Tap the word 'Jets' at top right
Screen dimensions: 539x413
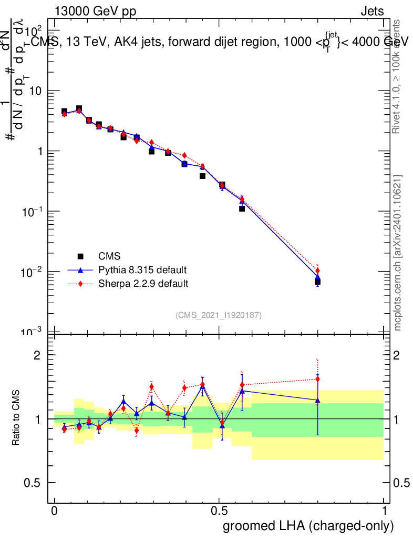point(371,12)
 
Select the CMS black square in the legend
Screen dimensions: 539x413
point(81,256)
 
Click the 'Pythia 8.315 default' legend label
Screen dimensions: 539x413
point(142,270)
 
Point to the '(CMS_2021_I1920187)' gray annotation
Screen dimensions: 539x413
point(219,315)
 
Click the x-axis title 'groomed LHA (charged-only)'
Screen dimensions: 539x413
point(309,525)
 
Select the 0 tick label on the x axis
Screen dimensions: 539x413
point(55,511)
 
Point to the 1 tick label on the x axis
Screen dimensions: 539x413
point(384,511)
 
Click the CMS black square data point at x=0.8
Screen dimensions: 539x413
point(317,282)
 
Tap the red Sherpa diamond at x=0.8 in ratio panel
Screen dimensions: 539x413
point(317,379)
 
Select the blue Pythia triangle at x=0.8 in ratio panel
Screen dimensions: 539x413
point(317,401)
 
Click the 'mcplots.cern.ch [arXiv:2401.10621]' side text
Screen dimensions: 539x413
point(398,252)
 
